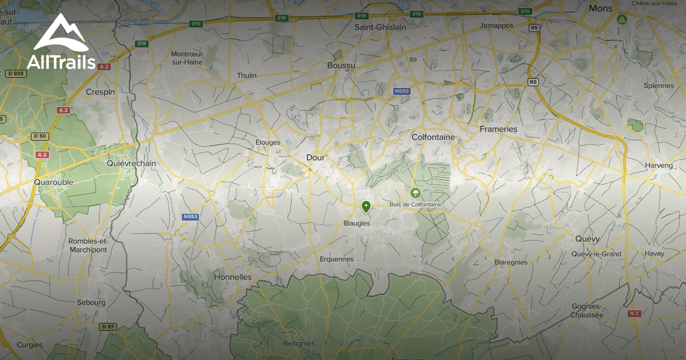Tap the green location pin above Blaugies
point(366,207)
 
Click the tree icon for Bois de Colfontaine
point(416,193)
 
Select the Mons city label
point(600,9)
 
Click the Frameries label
point(498,129)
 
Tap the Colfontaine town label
point(433,137)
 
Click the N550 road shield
point(402,91)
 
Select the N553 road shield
point(190,217)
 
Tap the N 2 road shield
point(633,314)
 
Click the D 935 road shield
point(17,73)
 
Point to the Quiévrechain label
point(131,163)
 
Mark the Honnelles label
point(232,277)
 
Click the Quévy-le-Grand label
point(596,254)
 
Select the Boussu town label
point(341,66)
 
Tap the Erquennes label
point(337,259)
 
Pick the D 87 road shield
point(107,326)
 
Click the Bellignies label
point(299,343)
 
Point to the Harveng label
point(644,165)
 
